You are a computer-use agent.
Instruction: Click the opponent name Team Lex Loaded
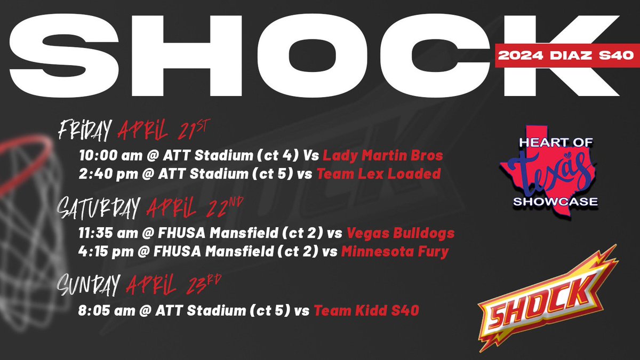[379, 174]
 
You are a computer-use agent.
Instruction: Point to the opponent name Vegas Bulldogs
[400, 233]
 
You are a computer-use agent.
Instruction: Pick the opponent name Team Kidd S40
[366, 310]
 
